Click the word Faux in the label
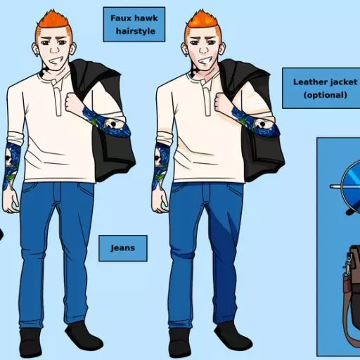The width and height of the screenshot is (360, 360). coord(120,18)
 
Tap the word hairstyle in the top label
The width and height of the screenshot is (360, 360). coord(136,31)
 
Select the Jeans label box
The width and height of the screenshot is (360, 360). coord(123,248)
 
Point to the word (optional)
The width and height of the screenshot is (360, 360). coord(326,95)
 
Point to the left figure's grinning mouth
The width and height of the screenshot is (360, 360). coord(56,61)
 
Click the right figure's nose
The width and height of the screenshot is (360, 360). coord(203,49)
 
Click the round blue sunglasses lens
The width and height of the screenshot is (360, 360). coord(351,186)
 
